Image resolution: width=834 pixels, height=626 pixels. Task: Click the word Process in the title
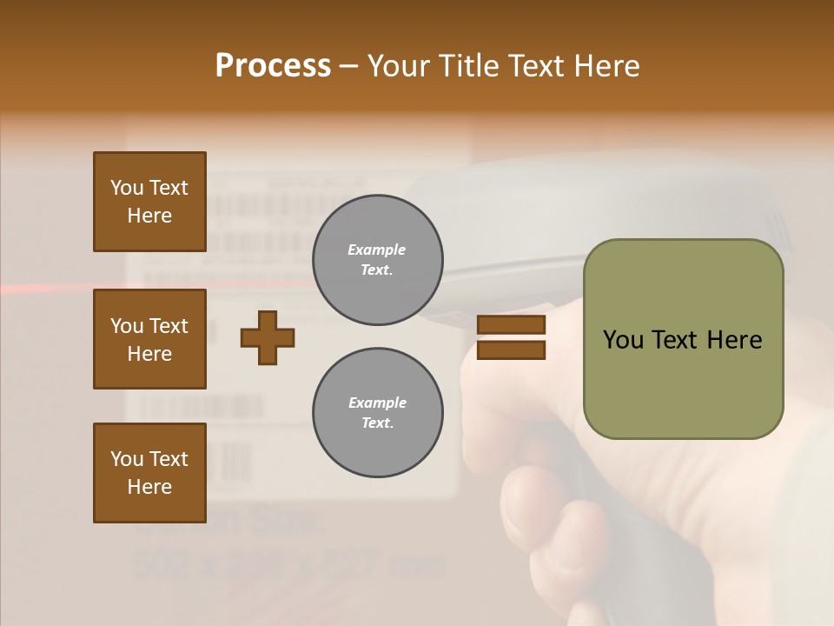tap(273, 65)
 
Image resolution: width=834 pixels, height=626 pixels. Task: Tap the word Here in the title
tap(605, 65)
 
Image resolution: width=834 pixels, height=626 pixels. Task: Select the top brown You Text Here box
tap(149, 202)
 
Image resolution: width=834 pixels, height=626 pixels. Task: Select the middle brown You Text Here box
tap(149, 339)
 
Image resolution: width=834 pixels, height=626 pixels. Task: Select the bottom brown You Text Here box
tap(149, 473)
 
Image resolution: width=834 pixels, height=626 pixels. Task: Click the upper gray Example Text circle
tap(377, 260)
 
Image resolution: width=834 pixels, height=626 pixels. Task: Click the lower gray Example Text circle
tap(377, 413)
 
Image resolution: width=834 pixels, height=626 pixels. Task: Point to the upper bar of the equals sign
tap(511, 325)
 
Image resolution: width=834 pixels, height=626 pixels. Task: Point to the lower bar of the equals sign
tap(511, 350)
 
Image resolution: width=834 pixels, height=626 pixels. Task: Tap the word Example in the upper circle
tap(377, 250)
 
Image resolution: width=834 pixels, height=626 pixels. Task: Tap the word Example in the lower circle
tap(377, 403)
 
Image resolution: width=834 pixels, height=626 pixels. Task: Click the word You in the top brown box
tap(127, 188)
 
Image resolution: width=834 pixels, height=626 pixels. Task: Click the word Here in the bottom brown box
tap(149, 487)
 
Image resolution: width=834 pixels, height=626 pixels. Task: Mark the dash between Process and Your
tap(348, 66)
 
